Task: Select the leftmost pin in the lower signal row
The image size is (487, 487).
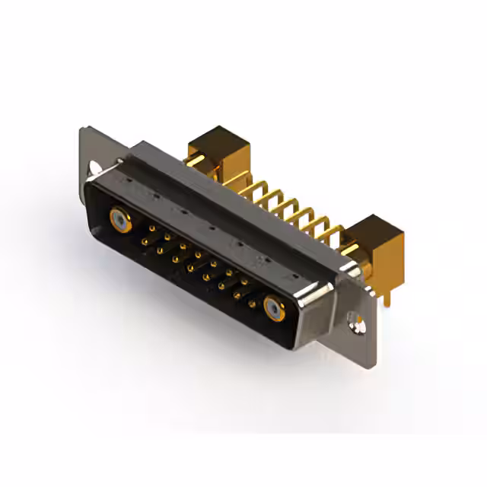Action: [x=145, y=241]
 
